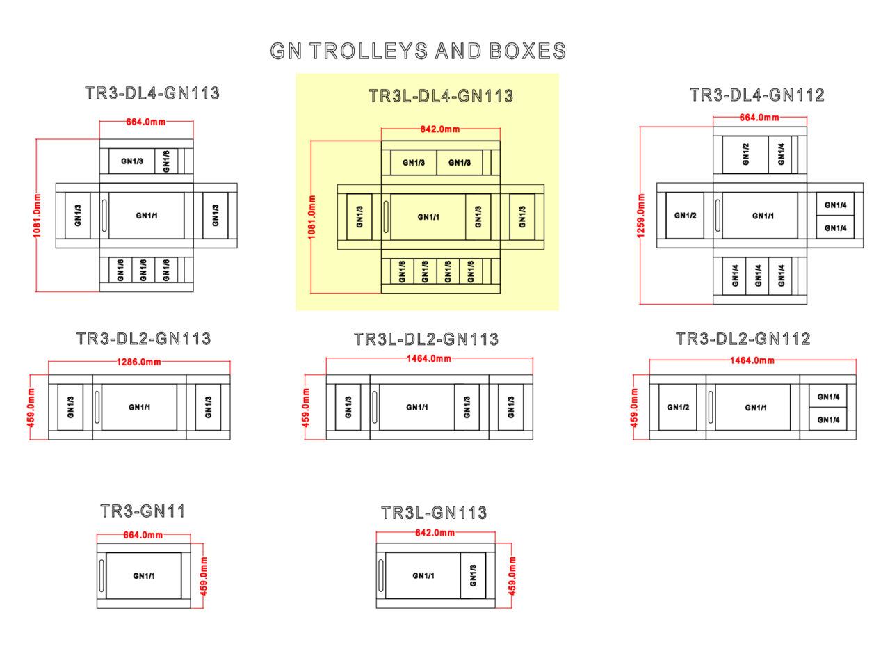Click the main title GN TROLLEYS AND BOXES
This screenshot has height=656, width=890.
pos(418,51)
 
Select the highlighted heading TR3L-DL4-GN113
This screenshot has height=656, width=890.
pos(441,96)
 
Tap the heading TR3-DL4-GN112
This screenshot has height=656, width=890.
pos(756,95)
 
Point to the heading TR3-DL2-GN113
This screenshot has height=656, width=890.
pos(143,339)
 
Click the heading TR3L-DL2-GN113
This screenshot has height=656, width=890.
pos(426,339)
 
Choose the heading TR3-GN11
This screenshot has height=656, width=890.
pos(143,511)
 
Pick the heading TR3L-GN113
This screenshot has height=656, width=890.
pos(434,513)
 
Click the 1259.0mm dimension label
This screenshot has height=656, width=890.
pos(641,215)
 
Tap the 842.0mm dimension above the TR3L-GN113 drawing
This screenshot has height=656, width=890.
pos(435,533)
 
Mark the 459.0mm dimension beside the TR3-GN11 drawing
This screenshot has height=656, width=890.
pos(204,575)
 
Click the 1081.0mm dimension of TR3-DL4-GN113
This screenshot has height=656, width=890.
pos(38,216)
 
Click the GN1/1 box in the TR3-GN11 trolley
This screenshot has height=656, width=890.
pos(144,575)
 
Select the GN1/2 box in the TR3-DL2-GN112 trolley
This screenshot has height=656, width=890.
pos(678,407)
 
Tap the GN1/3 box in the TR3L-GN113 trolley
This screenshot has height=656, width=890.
pos(474,575)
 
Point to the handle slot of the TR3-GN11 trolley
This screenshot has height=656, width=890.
pos(102,575)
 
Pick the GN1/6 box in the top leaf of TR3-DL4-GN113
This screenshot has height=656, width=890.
pos(166,161)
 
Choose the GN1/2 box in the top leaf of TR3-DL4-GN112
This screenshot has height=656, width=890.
pos(745,154)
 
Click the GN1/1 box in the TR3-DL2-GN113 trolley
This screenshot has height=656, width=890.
pos(139,407)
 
